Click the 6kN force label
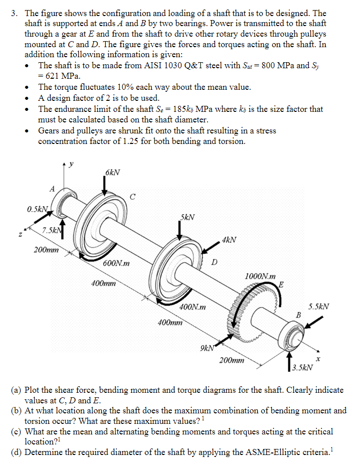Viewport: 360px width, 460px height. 112,173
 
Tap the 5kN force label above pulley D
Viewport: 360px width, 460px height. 188,217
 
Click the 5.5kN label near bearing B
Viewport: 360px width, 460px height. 319,306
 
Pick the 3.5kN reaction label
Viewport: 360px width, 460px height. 303,367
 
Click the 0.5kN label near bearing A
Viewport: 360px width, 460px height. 38,209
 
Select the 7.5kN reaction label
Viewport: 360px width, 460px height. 52,230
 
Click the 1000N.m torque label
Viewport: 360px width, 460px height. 260,276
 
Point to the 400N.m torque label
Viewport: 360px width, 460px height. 194,306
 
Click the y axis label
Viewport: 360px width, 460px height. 71,164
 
